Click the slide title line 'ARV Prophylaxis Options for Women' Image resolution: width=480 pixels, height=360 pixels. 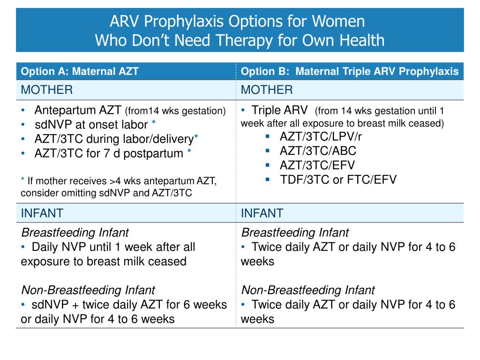(x=237, y=22)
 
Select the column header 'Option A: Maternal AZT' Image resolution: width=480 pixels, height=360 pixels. (x=80, y=72)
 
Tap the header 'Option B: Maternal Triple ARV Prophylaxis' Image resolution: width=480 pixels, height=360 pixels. (x=350, y=72)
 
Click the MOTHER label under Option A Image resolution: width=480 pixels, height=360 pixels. (x=47, y=90)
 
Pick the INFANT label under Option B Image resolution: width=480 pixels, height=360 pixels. (x=262, y=213)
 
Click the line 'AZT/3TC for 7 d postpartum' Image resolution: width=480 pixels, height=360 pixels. (x=108, y=153)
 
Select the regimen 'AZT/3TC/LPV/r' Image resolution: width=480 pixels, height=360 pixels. (x=321, y=137)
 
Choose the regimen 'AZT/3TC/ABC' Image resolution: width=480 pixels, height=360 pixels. (x=318, y=151)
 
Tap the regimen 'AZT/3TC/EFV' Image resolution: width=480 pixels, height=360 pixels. (x=317, y=165)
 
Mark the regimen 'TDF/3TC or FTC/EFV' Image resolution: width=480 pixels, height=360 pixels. (x=338, y=179)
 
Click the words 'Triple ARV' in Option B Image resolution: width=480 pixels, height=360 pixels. (x=280, y=111)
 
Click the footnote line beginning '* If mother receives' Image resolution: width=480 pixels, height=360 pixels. (x=118, y=181)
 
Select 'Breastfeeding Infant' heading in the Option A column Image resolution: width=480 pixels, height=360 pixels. (x=75, y=232)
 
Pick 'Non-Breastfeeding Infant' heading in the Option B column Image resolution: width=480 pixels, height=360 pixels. (x=307, y=290)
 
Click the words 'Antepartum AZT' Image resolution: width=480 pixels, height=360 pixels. (x=79, y=111)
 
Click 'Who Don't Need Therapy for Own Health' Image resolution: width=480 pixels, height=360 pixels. (x=240, y=41)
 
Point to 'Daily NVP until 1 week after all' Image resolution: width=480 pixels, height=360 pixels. (x=113, y=247)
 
